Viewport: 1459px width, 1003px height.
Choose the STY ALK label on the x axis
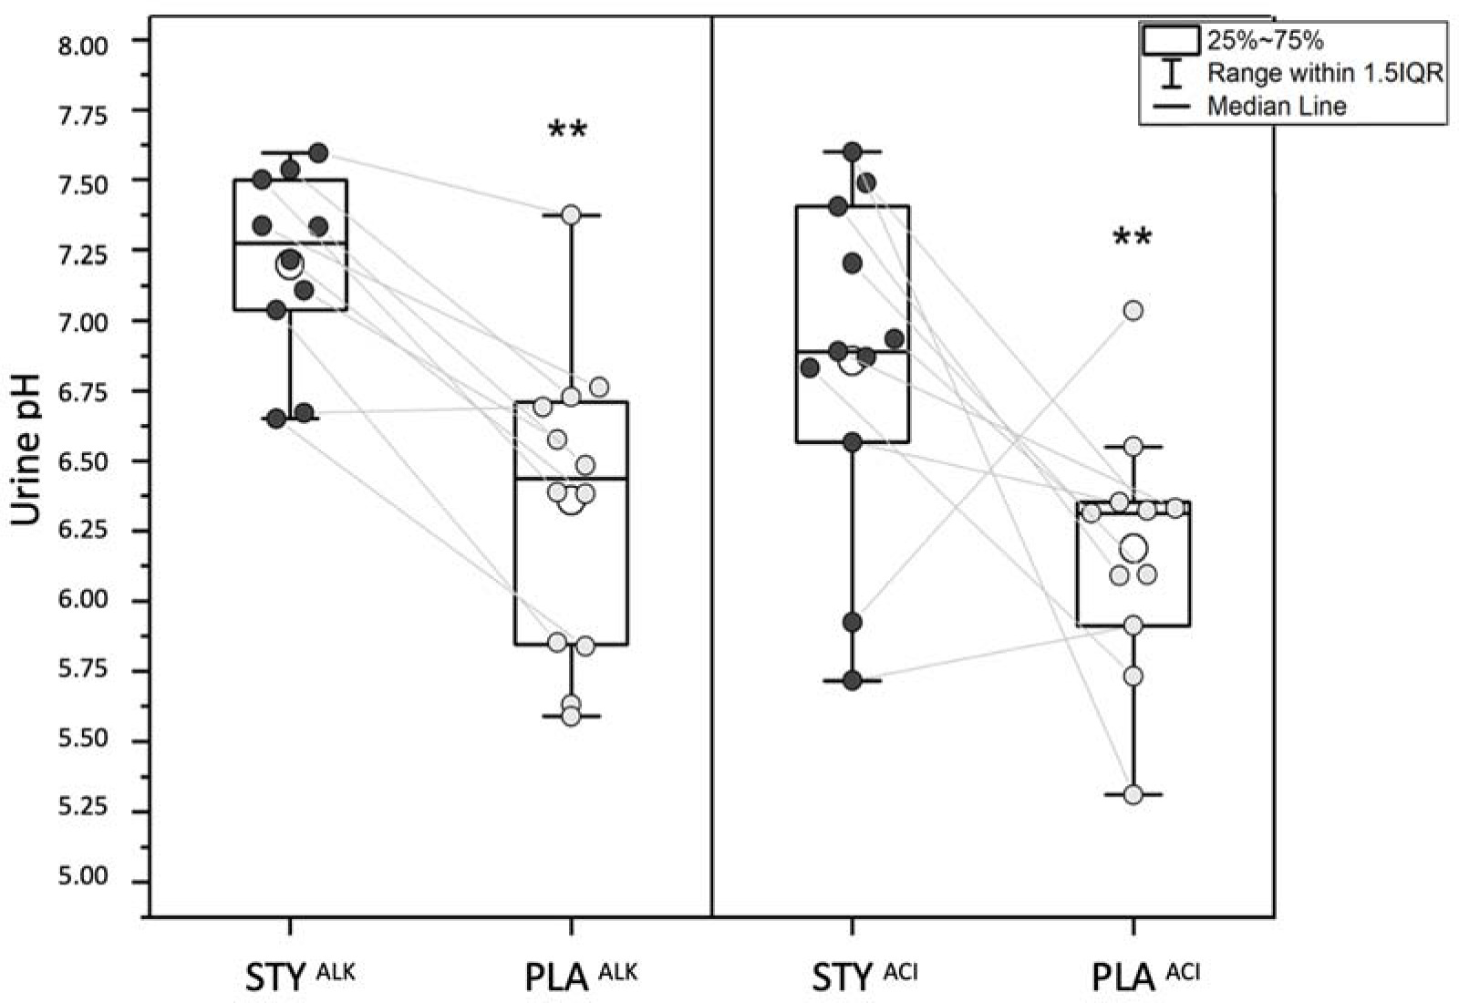[x=299, y=977]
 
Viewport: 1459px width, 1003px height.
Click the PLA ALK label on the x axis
[x=581, y=977]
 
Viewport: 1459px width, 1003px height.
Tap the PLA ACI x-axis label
[x=1145, y=977]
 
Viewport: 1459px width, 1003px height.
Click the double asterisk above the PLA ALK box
[x=567, y=130]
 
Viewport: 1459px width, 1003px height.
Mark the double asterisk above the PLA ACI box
[x=1133, y=239]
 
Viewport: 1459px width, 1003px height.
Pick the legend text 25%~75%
[x=1265, y=41]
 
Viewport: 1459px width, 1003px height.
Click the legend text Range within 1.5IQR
[x=1325, y=73]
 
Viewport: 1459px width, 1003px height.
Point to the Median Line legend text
[x=1277, y=106]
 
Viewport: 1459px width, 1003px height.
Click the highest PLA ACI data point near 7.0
[x=1133, y=311]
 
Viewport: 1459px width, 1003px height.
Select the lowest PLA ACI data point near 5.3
[x=1133, y=794]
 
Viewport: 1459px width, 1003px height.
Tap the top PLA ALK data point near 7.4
[x=571, y=215]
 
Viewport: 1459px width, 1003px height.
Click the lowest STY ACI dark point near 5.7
[x=853, y=680]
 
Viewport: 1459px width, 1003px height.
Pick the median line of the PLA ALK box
[x=571, y=478]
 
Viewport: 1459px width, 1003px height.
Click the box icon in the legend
[x=1170, y=40]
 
